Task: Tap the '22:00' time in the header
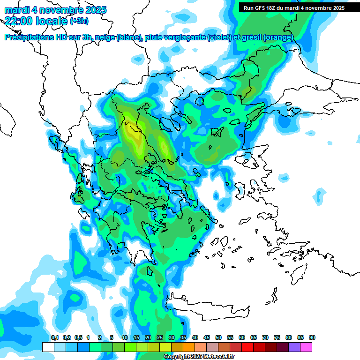19,21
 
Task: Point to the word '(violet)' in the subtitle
219,37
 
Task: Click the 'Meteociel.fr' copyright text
212,357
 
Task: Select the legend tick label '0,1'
54,337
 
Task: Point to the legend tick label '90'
312,337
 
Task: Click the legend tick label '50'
218,337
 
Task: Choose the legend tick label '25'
160,337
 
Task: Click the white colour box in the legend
48,347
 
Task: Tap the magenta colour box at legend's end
306,347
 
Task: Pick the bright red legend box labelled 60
247,347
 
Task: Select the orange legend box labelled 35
189,347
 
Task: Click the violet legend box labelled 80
294,347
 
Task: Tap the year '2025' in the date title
95,10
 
